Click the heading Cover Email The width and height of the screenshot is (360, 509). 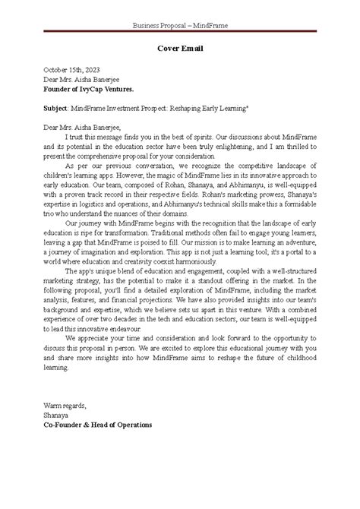[179, 49]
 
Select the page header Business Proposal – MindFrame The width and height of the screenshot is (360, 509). [180, 25]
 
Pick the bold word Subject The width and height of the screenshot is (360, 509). [56, 108]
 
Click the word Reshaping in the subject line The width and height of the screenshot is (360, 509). [199, 108]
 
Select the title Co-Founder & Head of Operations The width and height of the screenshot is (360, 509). [98, 425]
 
